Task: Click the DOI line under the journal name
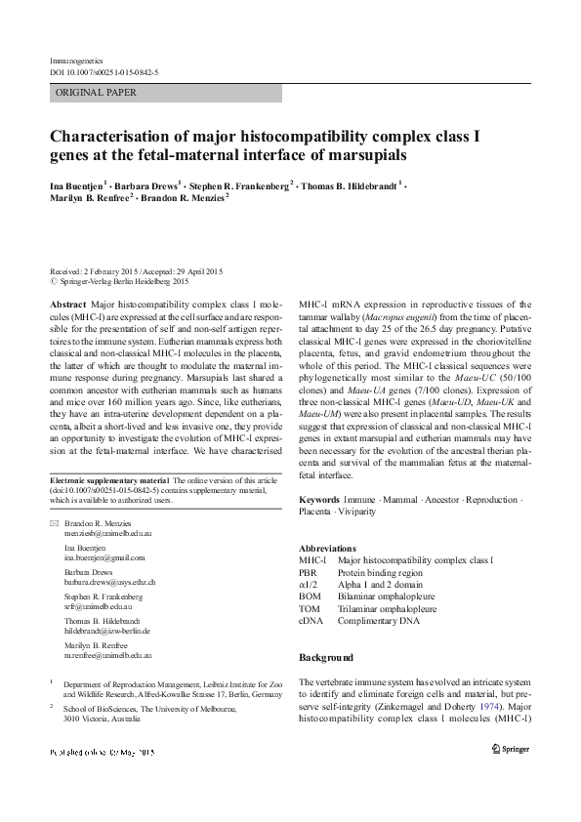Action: [104, 72]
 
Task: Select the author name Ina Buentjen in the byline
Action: [77, 184]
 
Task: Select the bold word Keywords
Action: [319, 500]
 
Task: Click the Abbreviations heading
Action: [327, 548]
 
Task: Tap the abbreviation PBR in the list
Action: [309, 571]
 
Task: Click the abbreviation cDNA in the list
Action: [311, 619]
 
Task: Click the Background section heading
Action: [326, 657]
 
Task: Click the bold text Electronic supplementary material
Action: [109, 480]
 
